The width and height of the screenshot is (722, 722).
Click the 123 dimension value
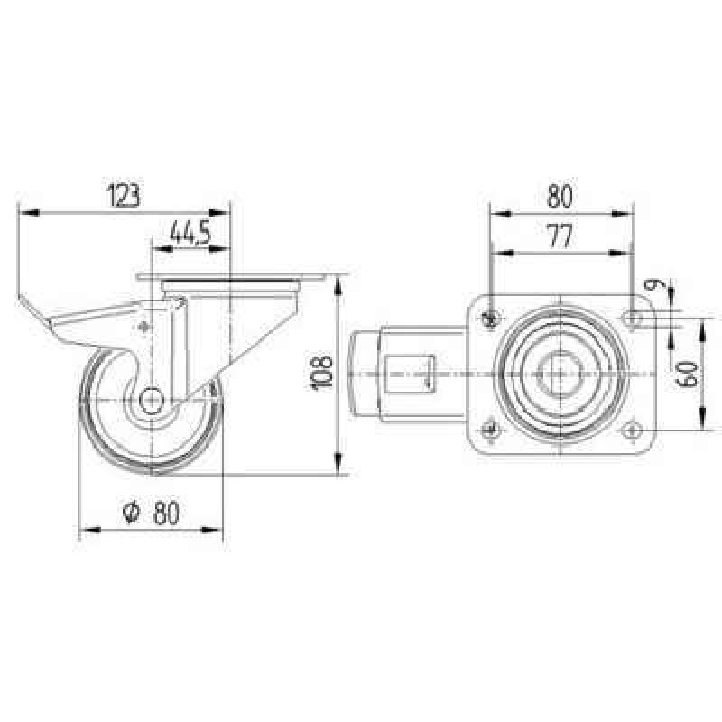pos(123,195)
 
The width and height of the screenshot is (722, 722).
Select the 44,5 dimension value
pos(190,233)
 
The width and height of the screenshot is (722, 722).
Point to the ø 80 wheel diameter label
pos(152,513)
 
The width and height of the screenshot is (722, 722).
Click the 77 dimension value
pos(560,236)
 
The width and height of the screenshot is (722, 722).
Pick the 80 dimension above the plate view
pos(560,196)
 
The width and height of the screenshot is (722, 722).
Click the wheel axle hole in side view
pos(152,400)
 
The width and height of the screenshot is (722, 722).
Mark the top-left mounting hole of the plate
pos(491,318)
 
